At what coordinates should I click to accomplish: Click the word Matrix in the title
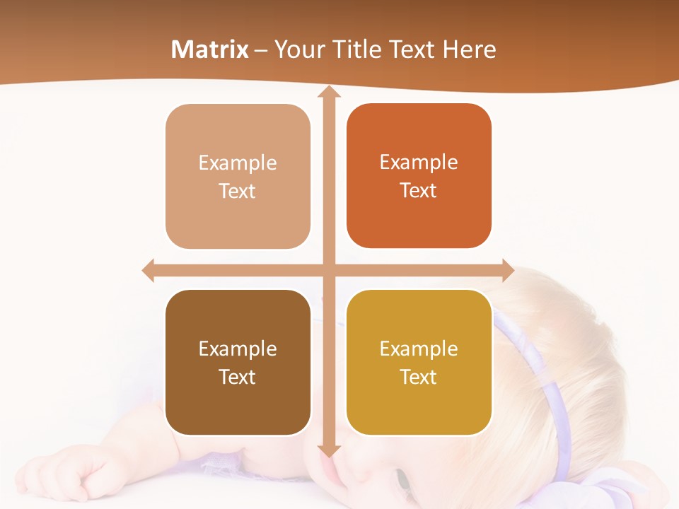click(210, 49)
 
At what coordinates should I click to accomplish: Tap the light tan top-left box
click(238, 177)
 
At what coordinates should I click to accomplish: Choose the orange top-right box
click(419, 176)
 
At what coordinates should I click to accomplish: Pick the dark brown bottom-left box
click(238, 362)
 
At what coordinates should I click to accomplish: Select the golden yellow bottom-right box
click(419, 362)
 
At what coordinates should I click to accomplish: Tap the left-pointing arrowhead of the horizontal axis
click(149, 270)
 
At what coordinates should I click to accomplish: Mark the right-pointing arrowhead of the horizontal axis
click(507, 270)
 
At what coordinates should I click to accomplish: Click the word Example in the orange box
click(419, 162)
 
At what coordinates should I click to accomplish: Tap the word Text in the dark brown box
click(238, 377)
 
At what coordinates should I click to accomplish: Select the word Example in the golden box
click(419, 349)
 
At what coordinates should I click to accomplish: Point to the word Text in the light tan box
click(238, 191)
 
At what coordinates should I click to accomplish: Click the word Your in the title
click(296, 49)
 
